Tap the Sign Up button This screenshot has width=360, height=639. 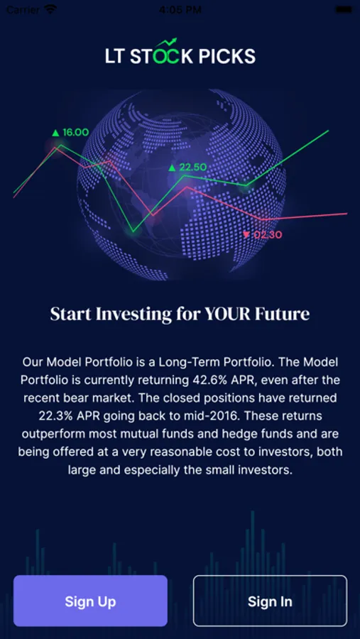tap(90, 601)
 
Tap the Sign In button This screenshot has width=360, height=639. tap(270, 601)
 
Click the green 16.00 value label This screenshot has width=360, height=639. tap(75, 132)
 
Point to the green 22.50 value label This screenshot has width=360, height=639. tap(193, 167)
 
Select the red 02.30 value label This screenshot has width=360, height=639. tap(268, 235)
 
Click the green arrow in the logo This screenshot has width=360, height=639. tap(168, 43)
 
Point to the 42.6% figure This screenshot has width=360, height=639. tap(205, 380)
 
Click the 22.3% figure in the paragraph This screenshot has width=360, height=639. tap(53, 415)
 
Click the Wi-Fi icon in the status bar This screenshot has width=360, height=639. tap(50, 9)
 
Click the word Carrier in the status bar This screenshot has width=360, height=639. tap(23, 9)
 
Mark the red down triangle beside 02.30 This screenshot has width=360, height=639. tap(246, 234)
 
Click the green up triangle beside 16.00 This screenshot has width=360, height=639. tap(56, 133)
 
